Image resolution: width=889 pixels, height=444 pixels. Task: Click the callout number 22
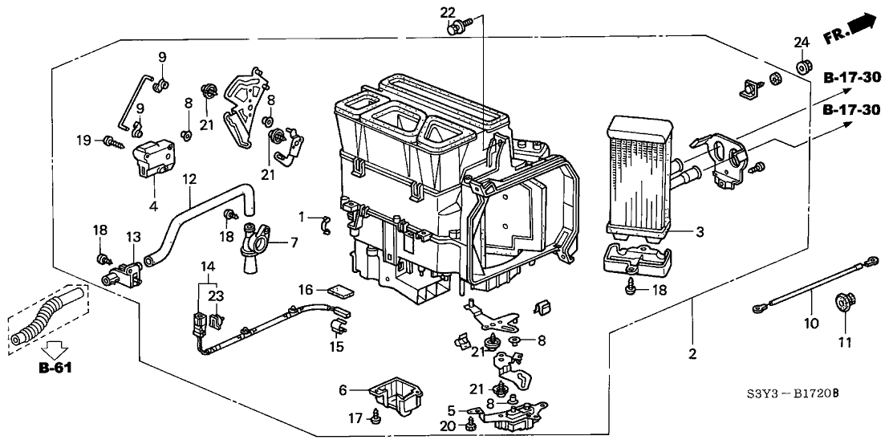(448, 12)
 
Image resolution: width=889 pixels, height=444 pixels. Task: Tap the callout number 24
(801, 43)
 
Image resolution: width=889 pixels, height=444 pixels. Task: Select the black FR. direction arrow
(861, 26)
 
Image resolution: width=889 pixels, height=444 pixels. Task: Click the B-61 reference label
(55, 370)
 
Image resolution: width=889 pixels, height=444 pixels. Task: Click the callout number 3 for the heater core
(700, 232)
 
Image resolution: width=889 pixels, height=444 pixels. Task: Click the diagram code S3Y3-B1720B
(789, 394)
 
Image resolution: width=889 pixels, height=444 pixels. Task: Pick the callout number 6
(343, 390)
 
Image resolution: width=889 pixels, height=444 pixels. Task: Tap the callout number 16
(307, 288)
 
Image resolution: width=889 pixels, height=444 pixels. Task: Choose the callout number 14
(208, 266)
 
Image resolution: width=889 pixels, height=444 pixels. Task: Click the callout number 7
(294, 242)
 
